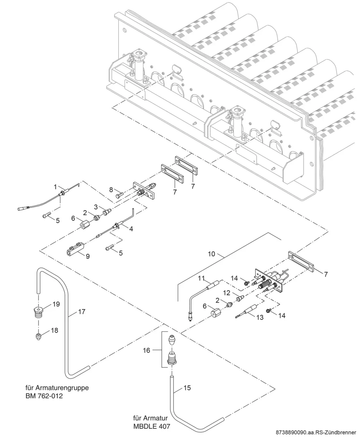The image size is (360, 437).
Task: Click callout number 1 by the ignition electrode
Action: [55, 187]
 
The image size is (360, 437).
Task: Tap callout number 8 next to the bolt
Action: [111, 190]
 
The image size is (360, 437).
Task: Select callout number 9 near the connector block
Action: [88, 256]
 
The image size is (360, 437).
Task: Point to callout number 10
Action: [211, 254]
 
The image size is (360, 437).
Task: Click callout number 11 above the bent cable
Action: [201, 278]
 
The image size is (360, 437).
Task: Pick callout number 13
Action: [260, 317]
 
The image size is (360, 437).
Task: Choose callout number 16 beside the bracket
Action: [147, 350]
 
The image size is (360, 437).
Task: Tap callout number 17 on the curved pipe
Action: [82, 311]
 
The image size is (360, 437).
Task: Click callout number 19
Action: [56, 304]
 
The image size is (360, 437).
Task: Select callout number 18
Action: [54, 330]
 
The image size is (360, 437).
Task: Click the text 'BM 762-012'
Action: [44, 396]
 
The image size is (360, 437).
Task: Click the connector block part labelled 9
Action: [76, 248]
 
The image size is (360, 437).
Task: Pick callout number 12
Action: [227, 293]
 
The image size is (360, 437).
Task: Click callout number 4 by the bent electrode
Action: [131, 229]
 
